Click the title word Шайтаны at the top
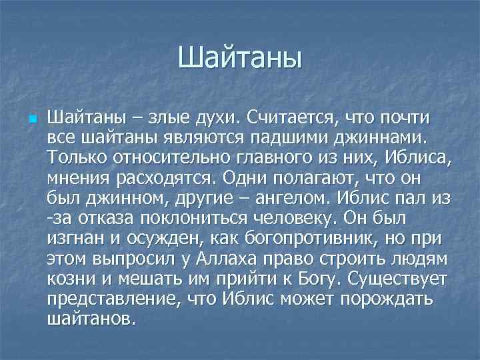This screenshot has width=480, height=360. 240,57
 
